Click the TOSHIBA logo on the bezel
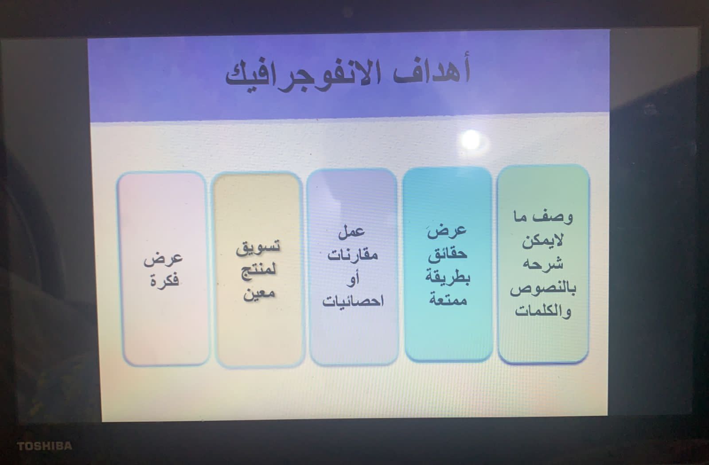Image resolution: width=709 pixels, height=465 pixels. click(x=44, y=446)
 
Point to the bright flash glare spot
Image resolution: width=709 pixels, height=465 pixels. click(x=471, y=140)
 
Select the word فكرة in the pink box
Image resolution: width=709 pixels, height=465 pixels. click(x=164, y=280)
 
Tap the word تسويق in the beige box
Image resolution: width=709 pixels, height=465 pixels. click(x=258, y=247)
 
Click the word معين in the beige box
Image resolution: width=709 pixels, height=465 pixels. click(x=259, y=293)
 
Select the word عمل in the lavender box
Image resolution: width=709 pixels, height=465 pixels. click(x=352, y=231)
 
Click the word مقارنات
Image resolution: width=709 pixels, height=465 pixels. click(x=353, y=254)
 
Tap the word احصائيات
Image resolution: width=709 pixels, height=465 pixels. click(x=353, y=301)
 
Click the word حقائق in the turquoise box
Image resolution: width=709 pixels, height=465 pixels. click(x=448, y=254)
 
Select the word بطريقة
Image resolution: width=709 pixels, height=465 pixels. click(x=448, y=277)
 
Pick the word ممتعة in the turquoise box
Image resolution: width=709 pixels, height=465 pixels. click(x=448, y=299)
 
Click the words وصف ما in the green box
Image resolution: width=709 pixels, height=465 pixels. click(x=543, y=217)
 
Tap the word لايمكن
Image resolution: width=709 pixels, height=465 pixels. click(x=542, y=241)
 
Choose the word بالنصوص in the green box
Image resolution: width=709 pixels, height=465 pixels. click(x=543, y=288)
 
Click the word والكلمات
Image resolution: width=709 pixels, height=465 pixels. click(x=543, y=311)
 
